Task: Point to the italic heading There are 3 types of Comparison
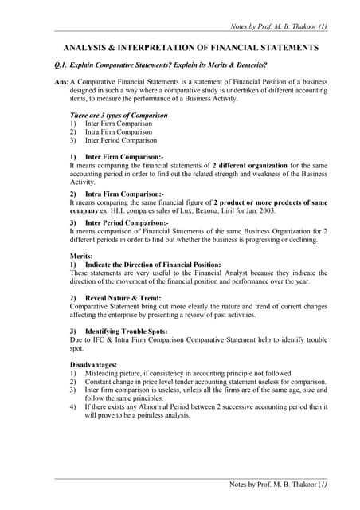click(x=119, y=116)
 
